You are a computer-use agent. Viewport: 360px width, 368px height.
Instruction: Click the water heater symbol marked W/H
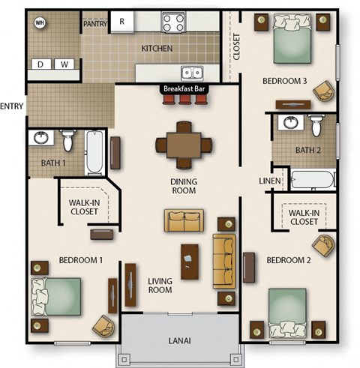point(40,22)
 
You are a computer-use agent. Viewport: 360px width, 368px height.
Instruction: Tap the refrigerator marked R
point(121,22)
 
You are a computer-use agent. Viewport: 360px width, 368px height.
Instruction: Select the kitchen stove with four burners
point(173,22)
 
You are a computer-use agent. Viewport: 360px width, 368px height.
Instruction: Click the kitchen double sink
point(194,73)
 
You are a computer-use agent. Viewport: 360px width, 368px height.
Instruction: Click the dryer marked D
point(40,64)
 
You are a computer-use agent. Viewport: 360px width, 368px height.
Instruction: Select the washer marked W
point(64,64)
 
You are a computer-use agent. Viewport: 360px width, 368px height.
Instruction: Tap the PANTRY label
point(94,23)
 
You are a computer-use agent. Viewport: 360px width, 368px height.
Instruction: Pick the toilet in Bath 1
point(68,139)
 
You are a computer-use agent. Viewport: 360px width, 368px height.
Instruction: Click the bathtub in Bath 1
point(94,151)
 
